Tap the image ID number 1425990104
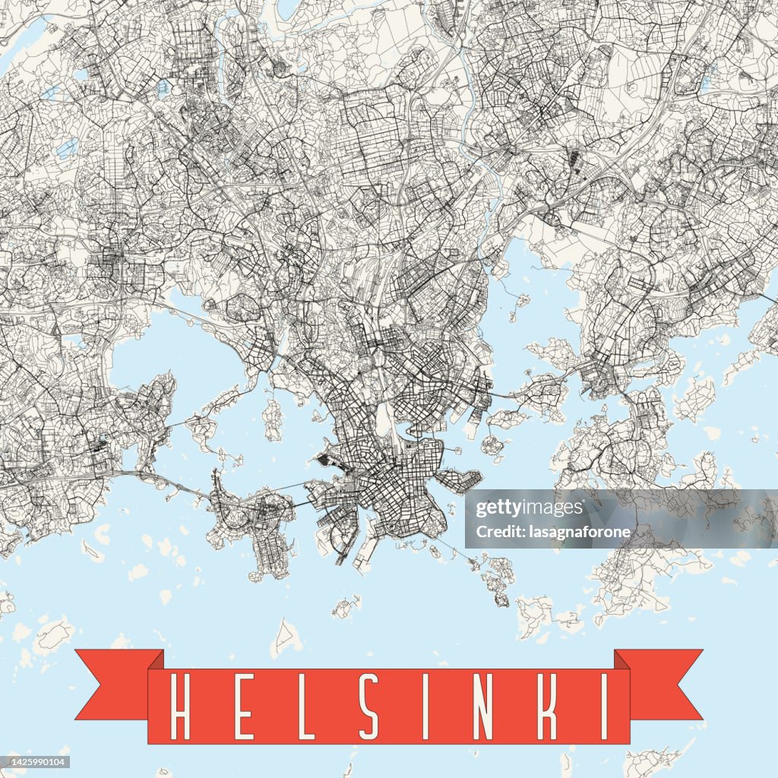(x=36, y=762)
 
